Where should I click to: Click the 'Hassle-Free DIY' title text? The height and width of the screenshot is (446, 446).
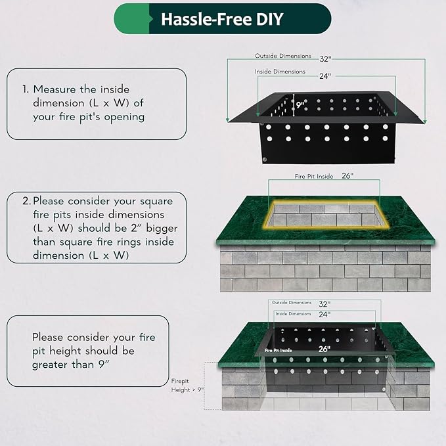click(222, 19)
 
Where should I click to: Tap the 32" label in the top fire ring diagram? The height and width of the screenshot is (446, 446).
click(325, 59)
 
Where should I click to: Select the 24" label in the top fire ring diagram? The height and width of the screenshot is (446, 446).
click(325, 76)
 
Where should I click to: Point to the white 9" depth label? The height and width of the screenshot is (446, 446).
click(300, 104)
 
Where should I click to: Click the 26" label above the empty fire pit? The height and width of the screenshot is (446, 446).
click(347, 175)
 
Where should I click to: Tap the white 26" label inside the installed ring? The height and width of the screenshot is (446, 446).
click(324, 349)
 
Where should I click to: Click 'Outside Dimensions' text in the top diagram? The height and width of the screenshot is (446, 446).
click(283, 56)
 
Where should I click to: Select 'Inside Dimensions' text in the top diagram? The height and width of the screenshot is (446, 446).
click(280, 72)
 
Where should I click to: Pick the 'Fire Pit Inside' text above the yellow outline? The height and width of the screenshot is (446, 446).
click(314, 176)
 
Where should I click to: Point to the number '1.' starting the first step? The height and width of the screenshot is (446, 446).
click(26, 89)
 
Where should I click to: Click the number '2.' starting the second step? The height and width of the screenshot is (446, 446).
click(26, 201)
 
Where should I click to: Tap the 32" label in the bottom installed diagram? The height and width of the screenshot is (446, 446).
click(324, 304)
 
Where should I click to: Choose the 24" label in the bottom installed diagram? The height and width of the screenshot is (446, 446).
click(324, 315)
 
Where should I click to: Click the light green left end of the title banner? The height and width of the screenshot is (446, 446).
click(131, 19)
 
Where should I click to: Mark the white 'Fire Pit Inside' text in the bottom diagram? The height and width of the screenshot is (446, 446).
click(279, 351)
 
